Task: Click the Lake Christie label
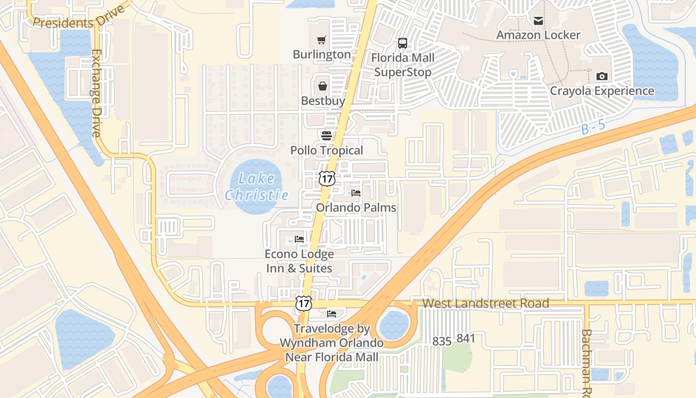coord(257,187)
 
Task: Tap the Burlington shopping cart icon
coord(322,40)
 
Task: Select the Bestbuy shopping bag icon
coord(323,86)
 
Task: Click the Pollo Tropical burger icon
coord(327,135)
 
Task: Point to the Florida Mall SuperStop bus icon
coord(403,43)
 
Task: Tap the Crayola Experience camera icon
coord(602,76)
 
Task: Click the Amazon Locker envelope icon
coord(538,20)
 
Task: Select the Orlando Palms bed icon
coord(356,193)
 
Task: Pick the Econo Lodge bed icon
coord(299,239)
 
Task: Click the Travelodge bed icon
coord(332,314)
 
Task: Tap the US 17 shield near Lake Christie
coord(327,179)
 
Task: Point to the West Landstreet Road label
coord(486,303)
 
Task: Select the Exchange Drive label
coord(96,93)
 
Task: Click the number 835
coord(441,341)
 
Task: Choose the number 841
coord(466,339)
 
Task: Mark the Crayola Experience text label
coord(602,91)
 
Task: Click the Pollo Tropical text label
coord(327,150)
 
